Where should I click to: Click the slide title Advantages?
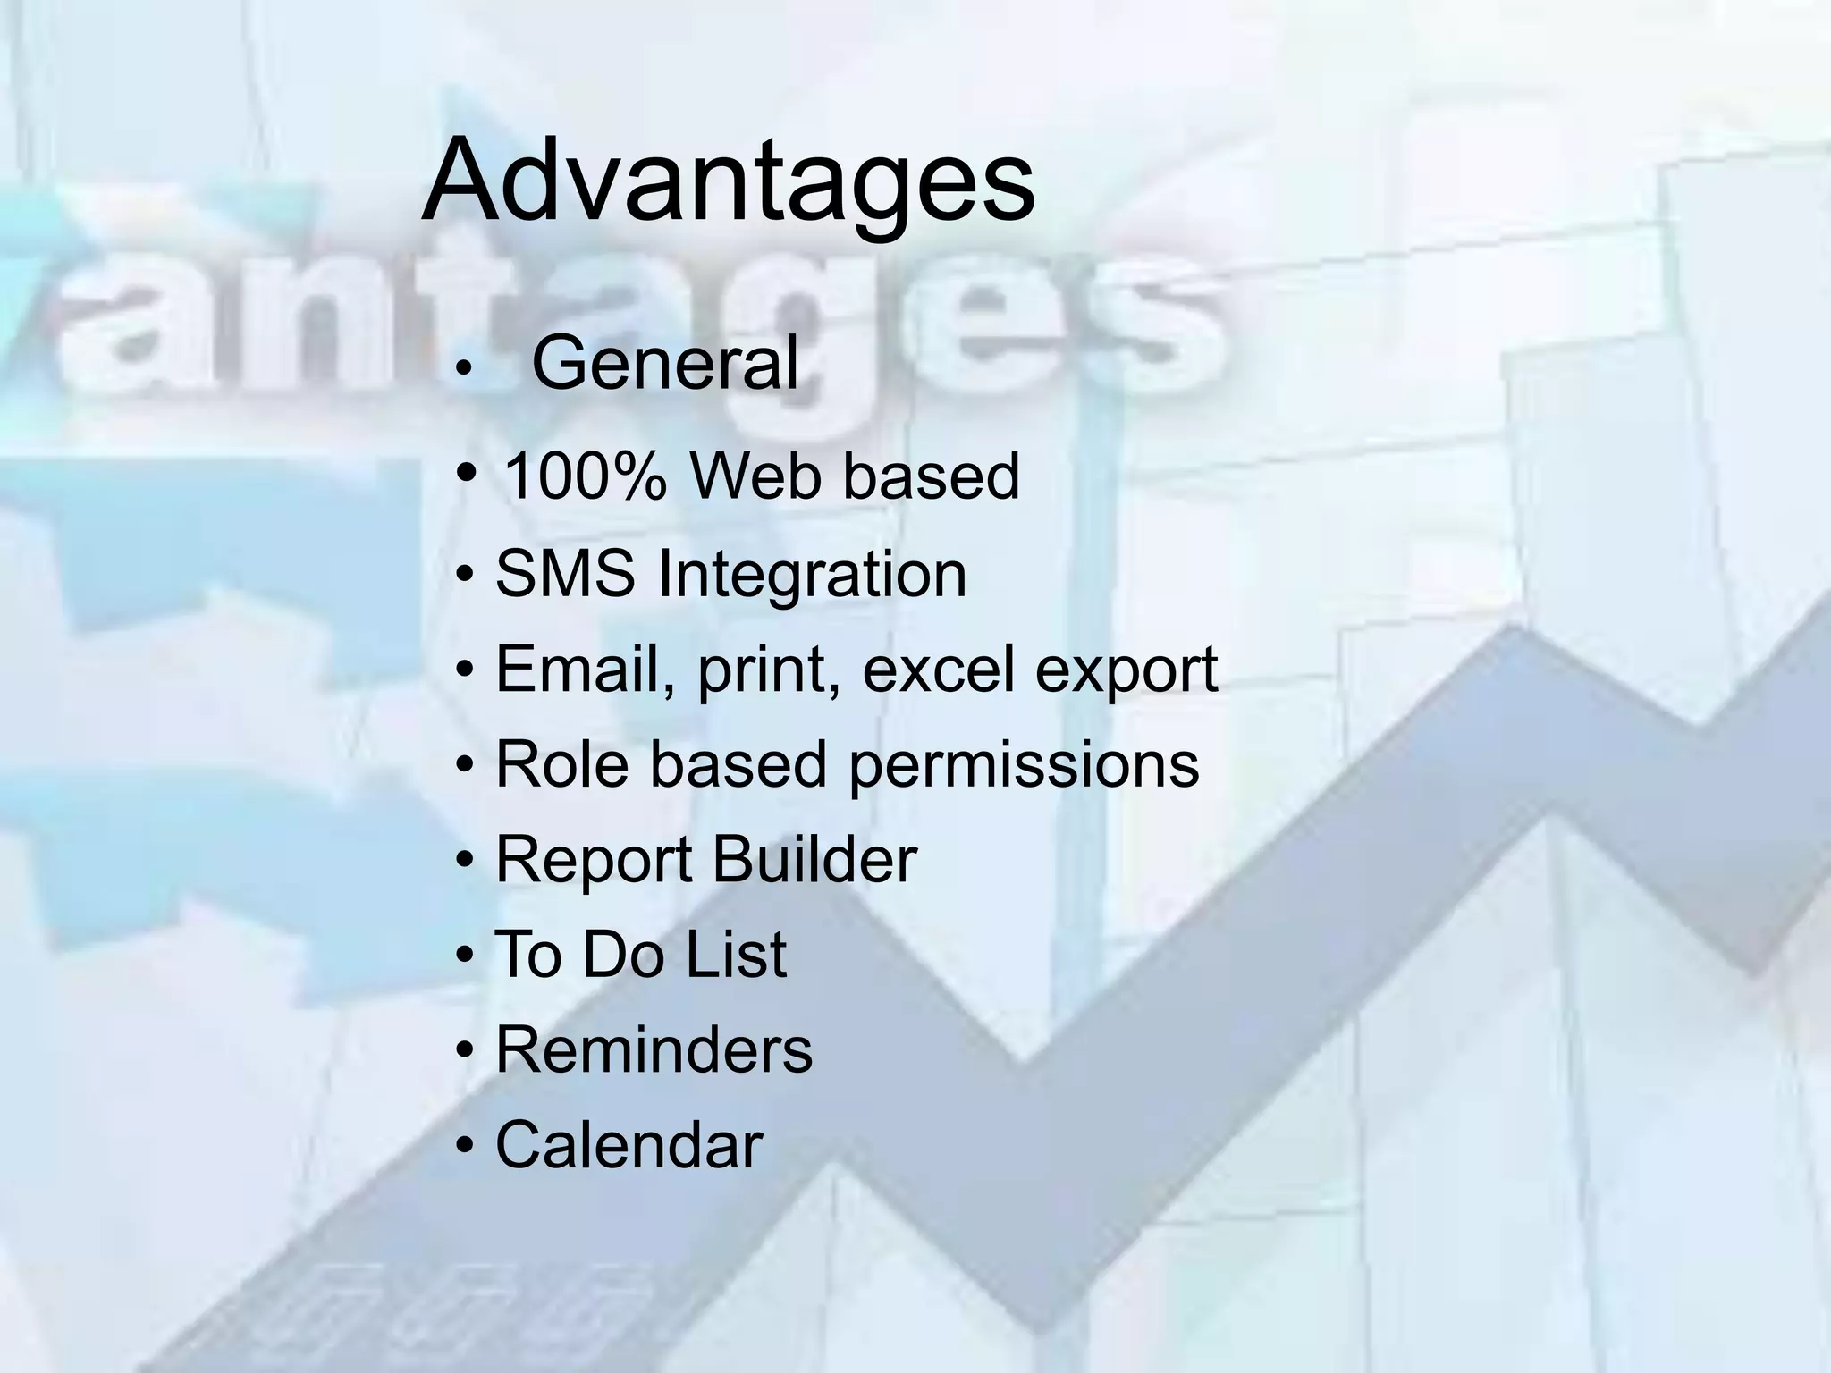(x=728, y=180)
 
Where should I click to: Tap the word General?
(x=664, y=363)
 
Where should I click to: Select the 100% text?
(x=585, y=476)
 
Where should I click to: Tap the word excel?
(x=938, y=669)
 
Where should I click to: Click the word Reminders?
(x=654, y=1049)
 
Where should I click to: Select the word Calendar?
(x=629, y=1145)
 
